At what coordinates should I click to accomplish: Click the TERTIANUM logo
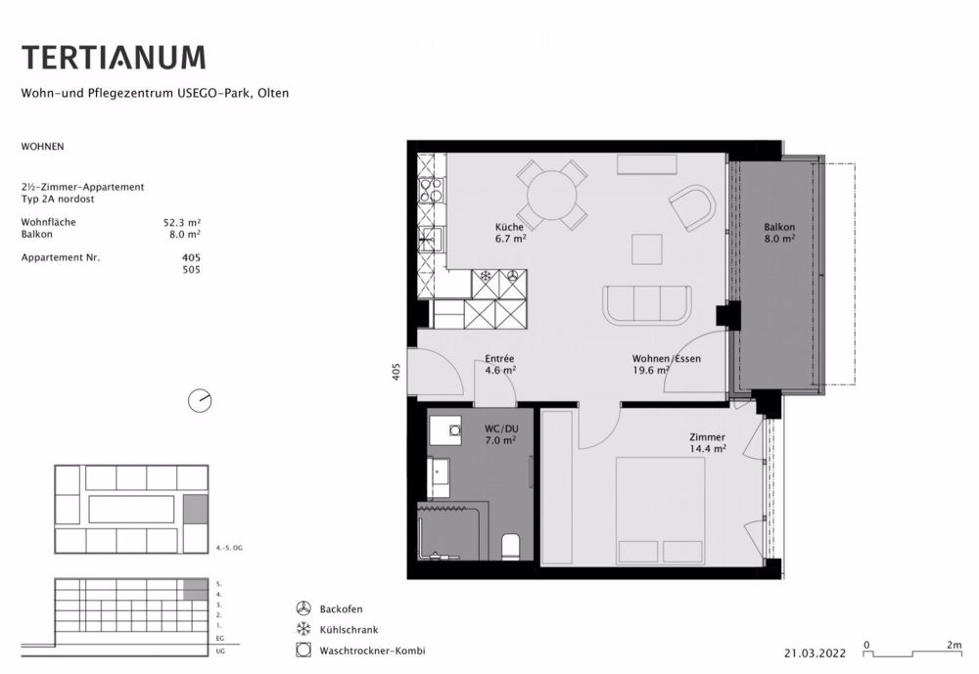point(114,57)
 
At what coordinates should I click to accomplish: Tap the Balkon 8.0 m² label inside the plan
point(779,233)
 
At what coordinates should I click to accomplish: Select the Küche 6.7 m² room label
point(510,232)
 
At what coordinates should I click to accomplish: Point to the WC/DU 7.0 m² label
point(500,434)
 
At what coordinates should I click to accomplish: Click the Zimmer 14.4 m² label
point(708,443)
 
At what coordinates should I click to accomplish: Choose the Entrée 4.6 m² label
point(500,365)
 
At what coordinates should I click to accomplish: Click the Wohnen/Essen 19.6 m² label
point(666,365)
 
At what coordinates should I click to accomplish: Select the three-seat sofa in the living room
point(647,304)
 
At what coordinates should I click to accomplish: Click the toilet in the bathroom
point(511,547)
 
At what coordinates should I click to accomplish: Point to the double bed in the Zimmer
point(661,511)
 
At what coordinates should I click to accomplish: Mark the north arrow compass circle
point(200,401)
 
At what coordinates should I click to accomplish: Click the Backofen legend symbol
point(303,608)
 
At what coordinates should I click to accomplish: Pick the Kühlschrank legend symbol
point(303,629)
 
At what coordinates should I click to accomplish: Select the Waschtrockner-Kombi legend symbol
point(303,651)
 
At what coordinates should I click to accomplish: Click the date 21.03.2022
point(815,653)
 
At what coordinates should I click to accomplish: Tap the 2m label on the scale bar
point(954,645)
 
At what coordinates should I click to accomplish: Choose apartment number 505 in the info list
point(191,270)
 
